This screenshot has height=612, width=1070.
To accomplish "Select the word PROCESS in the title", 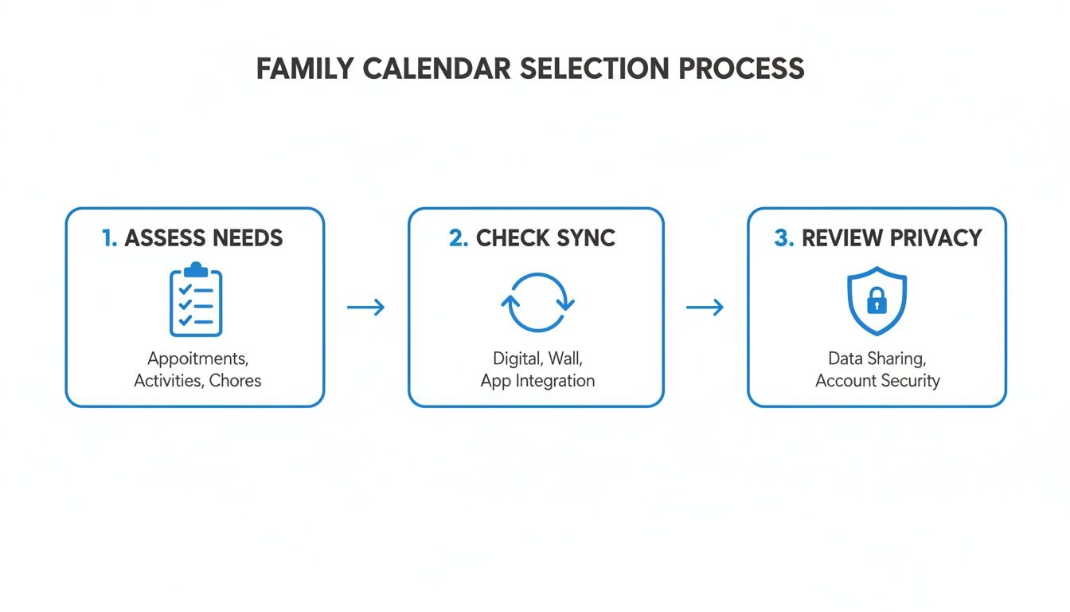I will (741, 69).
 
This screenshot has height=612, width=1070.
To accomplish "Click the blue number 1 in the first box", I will (109, 237).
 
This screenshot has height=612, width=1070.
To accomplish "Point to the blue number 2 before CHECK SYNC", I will (458, 237).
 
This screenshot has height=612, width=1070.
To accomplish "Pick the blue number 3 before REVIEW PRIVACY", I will (783, 237).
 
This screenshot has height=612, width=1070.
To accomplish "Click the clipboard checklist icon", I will (196, 300).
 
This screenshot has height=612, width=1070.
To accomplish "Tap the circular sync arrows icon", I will (537, 303).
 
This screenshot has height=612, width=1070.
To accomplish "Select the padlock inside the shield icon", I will (877, 303).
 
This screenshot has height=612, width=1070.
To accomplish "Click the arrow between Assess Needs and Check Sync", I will (366, 307).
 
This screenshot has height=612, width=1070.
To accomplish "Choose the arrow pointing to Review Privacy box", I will (705, 307).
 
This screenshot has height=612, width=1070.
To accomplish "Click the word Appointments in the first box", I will (196, 359).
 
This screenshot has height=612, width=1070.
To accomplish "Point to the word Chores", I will (235, 380).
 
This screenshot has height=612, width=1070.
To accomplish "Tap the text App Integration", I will (537, 380).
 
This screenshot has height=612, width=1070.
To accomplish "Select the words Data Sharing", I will (877, 359).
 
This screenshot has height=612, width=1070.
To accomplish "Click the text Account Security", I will (877, 380).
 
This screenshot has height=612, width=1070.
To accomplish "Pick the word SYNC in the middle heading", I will (585, 237).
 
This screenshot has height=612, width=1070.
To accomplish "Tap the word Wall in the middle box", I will (564, 359).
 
